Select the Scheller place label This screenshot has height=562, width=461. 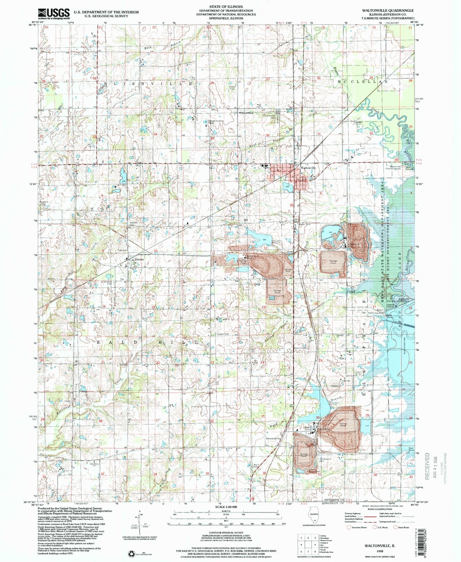tap(139, 259)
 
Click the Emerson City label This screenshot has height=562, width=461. tap(273, 438)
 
